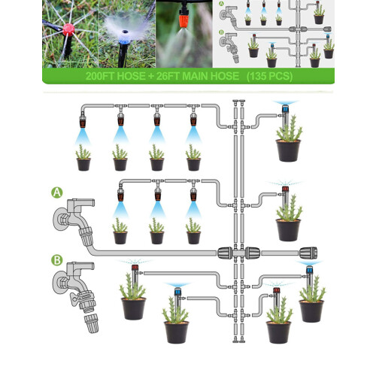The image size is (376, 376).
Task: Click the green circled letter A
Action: coord(57,193)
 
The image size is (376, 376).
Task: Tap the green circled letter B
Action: coord(57,260)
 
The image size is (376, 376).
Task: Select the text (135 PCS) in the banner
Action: coord(269,76)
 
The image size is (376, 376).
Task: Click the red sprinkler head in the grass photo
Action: coord(68,29)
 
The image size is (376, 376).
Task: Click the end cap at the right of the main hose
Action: coord(308,253)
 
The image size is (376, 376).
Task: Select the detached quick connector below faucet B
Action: coord(91,323)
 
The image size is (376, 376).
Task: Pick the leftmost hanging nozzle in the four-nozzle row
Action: coord(83,121)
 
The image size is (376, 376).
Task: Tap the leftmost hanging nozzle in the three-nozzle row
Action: coord(120,194)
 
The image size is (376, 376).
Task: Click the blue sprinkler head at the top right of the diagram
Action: coord(285,109)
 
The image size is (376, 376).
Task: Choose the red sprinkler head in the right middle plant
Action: coord(285,189)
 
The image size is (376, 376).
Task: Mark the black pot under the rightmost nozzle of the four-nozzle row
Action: coord(193,165)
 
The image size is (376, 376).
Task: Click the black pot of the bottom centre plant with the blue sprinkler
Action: coord(176,332)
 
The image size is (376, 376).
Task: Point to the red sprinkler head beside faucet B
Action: coord(135,267)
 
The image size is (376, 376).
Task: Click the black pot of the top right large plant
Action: coord(288,150)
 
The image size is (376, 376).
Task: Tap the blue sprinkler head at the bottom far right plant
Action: coord(309,270)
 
